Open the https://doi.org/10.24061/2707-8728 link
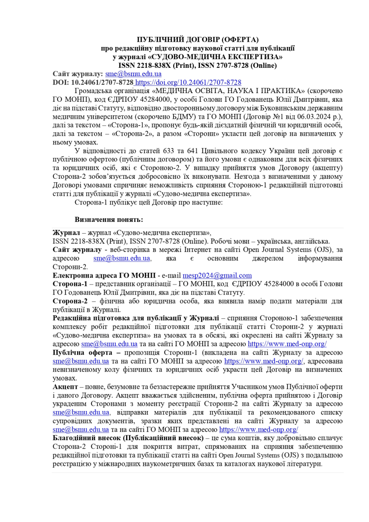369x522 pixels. tap(188, 82)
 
